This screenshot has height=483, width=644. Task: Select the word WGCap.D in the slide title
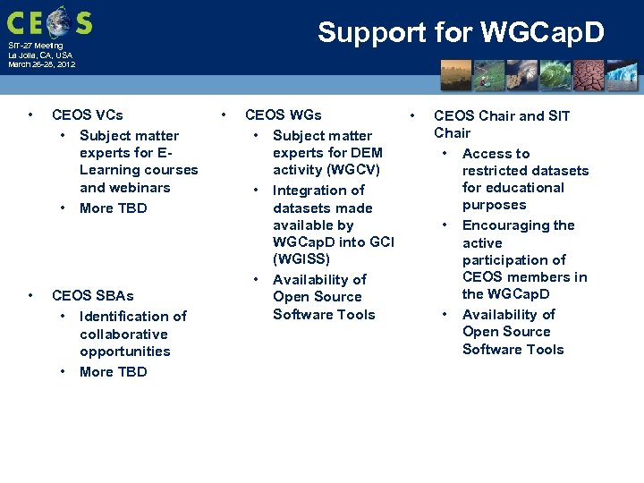tap(542, 32)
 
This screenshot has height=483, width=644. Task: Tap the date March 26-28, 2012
tap(42, 64)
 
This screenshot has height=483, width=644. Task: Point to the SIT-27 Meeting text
tap(36, 45)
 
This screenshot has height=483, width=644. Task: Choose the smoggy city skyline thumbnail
tap(456, 76)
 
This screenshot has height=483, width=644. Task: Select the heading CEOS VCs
tap(88, 115)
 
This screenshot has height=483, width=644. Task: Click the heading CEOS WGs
tap(283, 115)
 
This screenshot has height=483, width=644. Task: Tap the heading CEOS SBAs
tap(92, 296)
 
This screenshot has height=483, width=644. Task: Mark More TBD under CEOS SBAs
tap(113, 372)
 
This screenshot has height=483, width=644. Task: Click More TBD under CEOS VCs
tap(113, 208)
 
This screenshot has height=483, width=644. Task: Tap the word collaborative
tap(123, 335)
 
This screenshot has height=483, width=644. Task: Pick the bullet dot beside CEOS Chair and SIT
tap(412, 115)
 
